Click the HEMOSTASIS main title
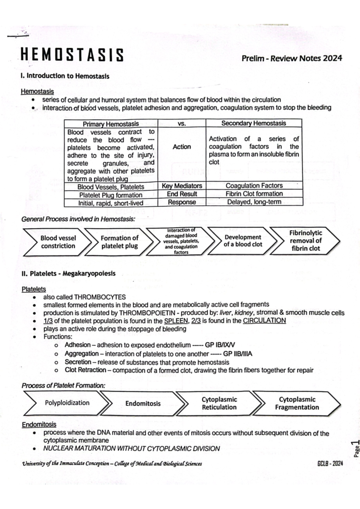72,55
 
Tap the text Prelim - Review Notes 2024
292,58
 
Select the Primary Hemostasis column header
111,124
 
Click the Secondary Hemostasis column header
253,123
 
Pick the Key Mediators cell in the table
182,186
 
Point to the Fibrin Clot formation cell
254,194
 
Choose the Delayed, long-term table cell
254,202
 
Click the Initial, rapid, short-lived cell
111,203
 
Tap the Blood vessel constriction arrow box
58,242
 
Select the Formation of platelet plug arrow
119,242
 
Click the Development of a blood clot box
243,241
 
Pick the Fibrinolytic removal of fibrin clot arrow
305,241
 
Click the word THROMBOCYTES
100,297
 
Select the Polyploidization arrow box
67,403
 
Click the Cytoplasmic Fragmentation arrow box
297,403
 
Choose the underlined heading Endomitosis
39,424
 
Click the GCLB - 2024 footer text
330,463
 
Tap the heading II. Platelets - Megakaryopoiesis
68,273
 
